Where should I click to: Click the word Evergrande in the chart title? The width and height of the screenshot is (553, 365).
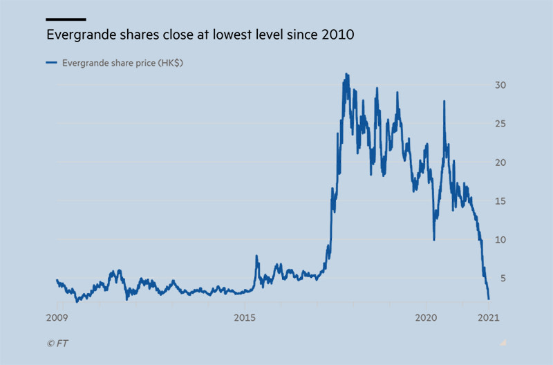[77, 35]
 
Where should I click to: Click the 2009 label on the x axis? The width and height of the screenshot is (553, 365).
[57, 317]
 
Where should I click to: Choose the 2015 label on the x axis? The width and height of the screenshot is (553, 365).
[245, 317]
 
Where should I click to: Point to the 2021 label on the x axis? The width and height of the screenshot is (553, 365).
[489, 317]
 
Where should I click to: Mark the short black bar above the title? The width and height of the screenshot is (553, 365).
[66, 19]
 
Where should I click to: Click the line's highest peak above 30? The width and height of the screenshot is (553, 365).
[346, 74]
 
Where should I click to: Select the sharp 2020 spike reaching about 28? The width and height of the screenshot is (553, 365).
[444, 102]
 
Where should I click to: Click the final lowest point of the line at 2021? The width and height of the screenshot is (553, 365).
[489, 299]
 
